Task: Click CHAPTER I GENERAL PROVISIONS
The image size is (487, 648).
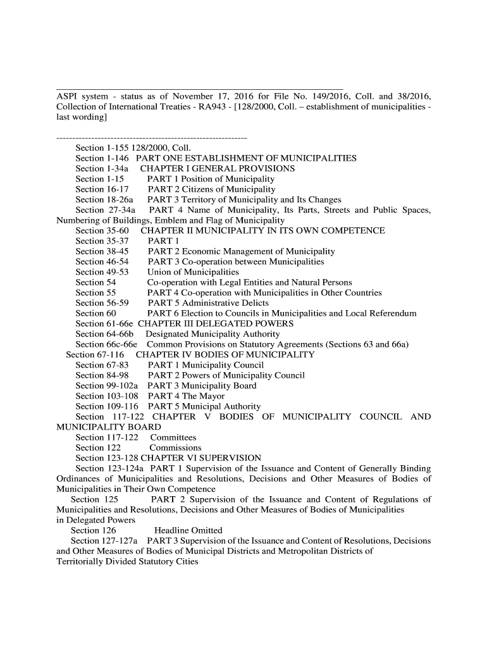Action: (217, 168)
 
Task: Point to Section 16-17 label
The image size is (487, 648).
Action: (102, 189)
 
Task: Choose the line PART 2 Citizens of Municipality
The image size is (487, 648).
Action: (211, 189)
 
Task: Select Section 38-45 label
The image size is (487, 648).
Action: (102, 251)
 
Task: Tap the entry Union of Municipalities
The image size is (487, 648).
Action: (188, 272)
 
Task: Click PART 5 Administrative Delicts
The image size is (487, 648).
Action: (207, 303)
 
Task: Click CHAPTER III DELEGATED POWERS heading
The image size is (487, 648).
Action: (216, 323)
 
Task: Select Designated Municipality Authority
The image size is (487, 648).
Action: (213, 334)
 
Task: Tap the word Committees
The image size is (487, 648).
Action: (173, 437)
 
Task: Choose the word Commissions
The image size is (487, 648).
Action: (175, 447)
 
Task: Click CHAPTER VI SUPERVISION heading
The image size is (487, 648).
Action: (200, 458)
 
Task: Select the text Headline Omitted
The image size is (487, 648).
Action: (188, 530)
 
